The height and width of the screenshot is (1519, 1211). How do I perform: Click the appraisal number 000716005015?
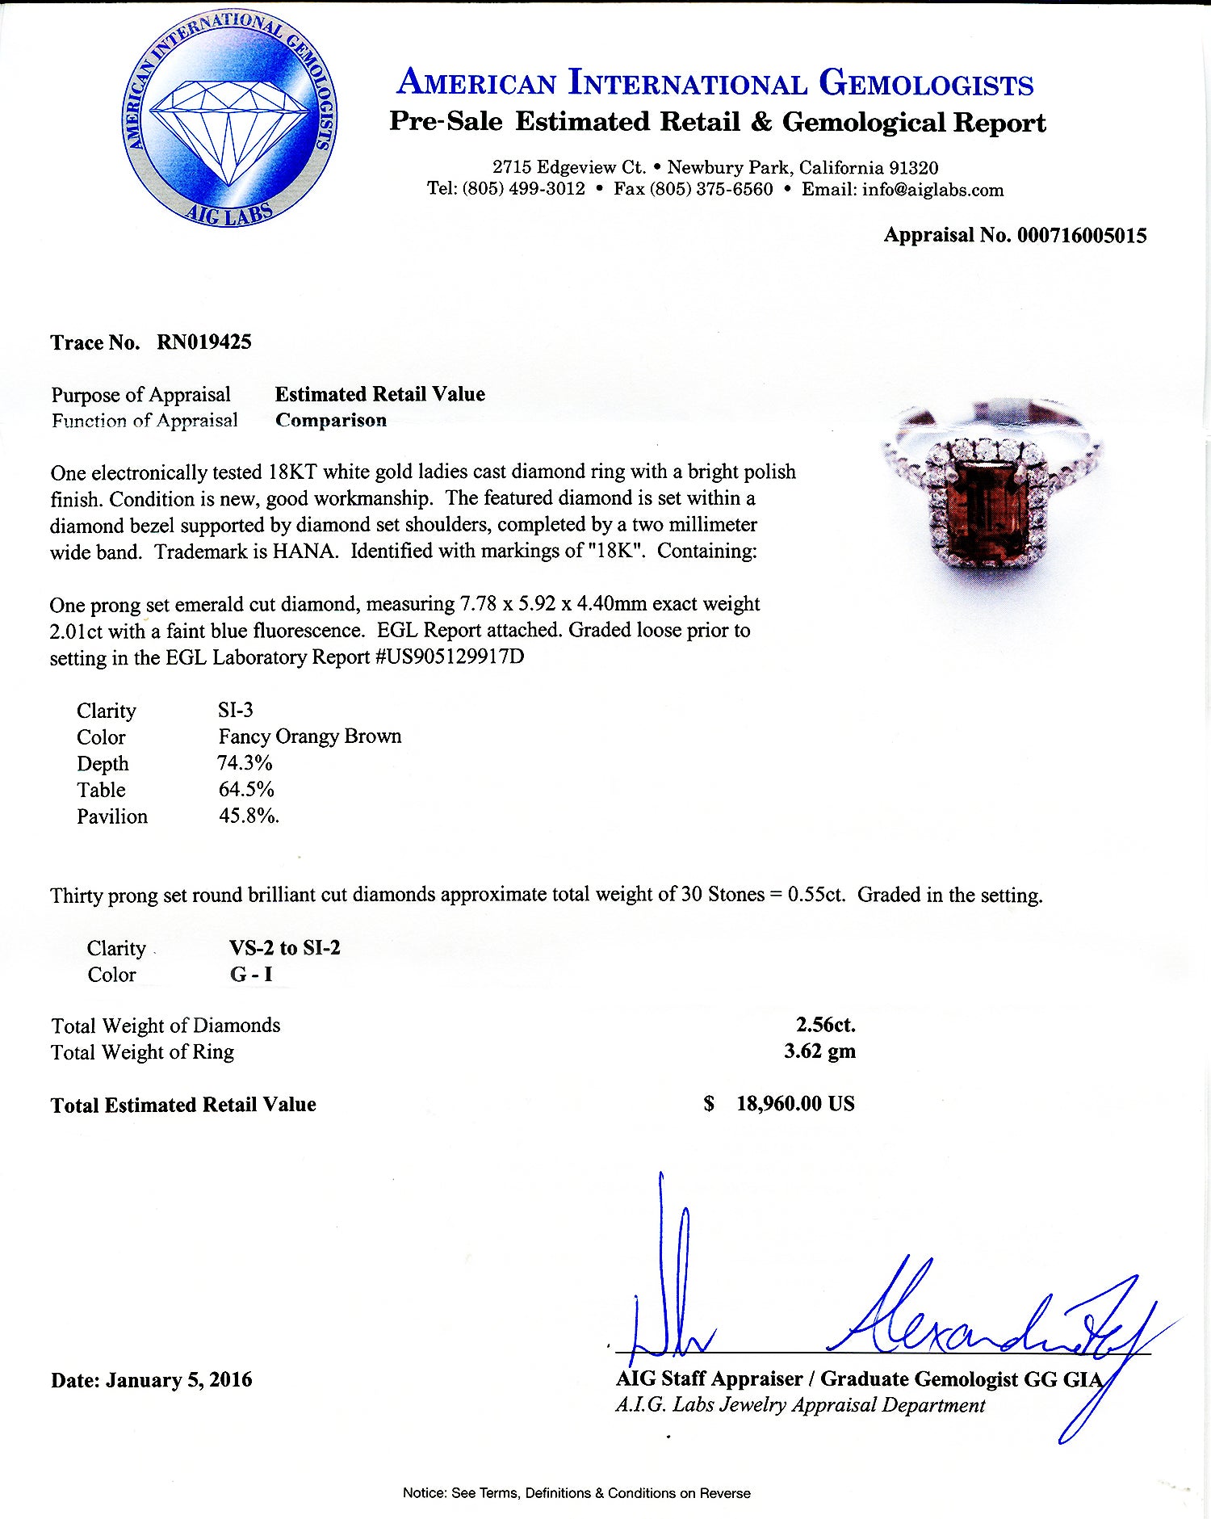coord(1082,235)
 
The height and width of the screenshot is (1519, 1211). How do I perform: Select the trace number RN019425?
coord(203,342)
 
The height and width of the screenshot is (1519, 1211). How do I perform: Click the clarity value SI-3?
coord(235,710)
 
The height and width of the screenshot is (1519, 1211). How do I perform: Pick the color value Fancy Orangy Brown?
coord(309,736)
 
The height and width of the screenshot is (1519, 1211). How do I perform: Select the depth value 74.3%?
coord(245,763)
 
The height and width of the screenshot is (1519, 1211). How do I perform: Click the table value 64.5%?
coord(246,789)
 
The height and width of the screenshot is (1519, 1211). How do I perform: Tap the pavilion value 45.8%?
coord(249,816)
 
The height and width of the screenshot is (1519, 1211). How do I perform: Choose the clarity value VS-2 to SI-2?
coord(284,948)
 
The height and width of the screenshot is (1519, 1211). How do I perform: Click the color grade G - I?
coord(251,975)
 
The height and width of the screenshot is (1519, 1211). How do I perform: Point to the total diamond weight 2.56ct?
coord(825,1025)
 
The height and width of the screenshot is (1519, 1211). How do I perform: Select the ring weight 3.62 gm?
coord(819,1051)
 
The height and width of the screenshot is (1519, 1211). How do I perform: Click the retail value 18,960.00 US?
coord(794,1104)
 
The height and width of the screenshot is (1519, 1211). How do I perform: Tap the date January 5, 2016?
coord(178,1380)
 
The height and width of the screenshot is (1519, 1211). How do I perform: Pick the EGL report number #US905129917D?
coord(450,657)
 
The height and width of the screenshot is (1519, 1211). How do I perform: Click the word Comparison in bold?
coord(331,420)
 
